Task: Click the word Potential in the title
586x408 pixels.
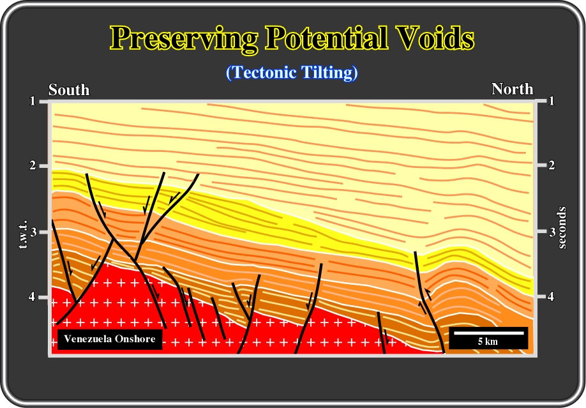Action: pos(327,38)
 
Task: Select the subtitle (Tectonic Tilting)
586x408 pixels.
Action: pos(292,72)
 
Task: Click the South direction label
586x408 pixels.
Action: pos(69,90)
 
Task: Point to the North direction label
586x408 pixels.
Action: pos(513,89)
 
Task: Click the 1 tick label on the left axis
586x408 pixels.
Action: pos(33,101)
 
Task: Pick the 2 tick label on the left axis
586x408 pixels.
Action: pos(33,165)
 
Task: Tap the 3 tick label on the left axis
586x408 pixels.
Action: pos(33,232)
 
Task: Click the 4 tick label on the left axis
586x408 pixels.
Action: pos(33,296)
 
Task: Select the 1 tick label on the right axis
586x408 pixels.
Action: pos(552,101)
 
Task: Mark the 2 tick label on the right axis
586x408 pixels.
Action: pos(552,165)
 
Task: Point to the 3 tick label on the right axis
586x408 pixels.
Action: pos(552,232)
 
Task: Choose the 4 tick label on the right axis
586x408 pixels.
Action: pos(552,296)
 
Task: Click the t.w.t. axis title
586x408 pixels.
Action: pos(23,234)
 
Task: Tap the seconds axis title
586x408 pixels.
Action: pos(562,228)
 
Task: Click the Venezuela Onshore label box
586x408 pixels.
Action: pos(110,339)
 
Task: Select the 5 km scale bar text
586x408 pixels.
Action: pos(488,342)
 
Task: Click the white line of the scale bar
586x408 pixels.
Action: pos(489,333)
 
